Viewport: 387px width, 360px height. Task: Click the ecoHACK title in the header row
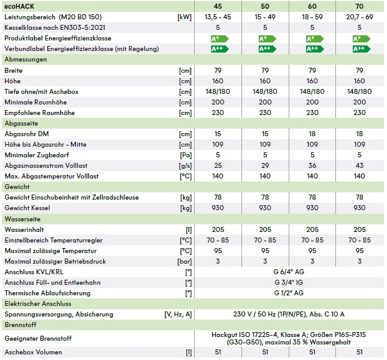tap(19, 6)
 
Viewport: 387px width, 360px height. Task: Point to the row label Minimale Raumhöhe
tap(35, 101)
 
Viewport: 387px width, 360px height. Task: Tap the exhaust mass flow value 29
tap(266, 166)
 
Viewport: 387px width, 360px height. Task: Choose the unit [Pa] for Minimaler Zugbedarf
tap(184, 155)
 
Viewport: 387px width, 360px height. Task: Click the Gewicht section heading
tap(16, 187)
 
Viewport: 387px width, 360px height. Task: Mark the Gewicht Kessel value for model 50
tap(266, 208)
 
